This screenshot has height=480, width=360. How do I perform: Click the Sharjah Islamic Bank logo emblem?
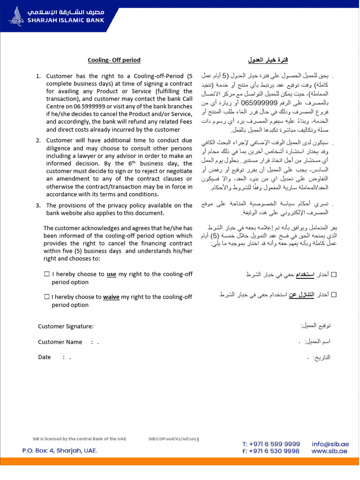(x=16, y=16)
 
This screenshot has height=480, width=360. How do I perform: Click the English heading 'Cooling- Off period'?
(x=114, y=60)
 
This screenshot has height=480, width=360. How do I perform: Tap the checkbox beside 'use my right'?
(x=47, y=274)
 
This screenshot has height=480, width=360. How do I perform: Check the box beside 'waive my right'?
(x=47, y=297)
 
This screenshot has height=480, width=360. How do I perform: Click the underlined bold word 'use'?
(x=112, y=274)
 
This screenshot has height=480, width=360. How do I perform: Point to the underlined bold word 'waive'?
(x=111, y=297)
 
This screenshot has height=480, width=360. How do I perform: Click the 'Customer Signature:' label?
(x=66, y=326)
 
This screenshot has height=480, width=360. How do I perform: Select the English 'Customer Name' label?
(x=60, y=342)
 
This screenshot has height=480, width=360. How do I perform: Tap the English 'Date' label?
(x=45, y=357)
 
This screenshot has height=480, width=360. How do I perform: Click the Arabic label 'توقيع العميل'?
(x=315, y=325)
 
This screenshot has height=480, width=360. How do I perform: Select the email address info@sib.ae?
(x=330, y=443)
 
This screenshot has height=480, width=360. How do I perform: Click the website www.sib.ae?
(x=329, y=451)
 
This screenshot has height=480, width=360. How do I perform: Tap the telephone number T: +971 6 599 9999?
(x=271, y=443)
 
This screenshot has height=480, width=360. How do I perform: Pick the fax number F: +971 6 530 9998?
(x=271, y=451)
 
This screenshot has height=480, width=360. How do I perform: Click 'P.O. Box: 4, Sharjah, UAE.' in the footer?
(x=60, y=450)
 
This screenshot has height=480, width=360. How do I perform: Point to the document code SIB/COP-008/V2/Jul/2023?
(x=173, y=439)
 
